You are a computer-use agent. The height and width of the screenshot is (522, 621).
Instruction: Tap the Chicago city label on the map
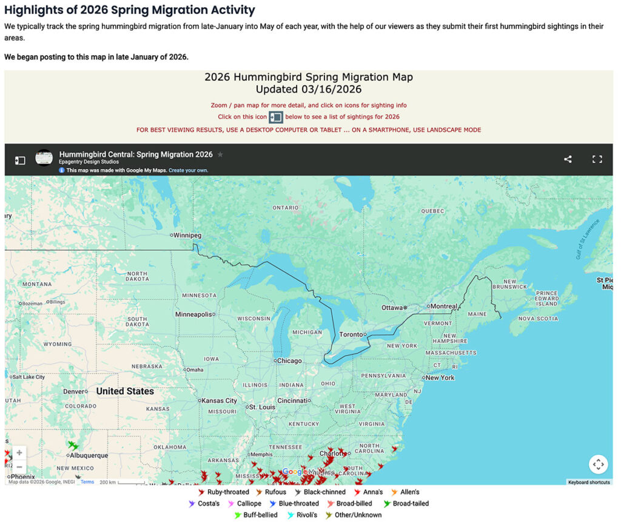tap(289, 361)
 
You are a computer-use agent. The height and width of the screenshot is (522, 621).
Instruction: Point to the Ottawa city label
tap(392, 308)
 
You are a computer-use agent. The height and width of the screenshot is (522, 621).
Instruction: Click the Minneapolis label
tap(193, 314)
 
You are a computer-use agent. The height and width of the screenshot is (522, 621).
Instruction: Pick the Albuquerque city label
tap(89, 455)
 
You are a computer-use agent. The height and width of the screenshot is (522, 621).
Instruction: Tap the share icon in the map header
tap(568, 159)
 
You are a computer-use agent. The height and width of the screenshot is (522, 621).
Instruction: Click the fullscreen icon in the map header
tap(597, 159)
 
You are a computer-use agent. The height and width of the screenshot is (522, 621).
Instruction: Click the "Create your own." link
tap(188, 171)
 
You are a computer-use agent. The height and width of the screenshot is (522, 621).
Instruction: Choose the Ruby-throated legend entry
tap(227, 492)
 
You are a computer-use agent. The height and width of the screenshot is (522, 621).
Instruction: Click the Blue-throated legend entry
tap(298, 504)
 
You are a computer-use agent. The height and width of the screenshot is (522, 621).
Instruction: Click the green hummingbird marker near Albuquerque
tap(73, 446)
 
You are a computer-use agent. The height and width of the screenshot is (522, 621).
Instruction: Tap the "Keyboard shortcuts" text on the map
tap(589, 482)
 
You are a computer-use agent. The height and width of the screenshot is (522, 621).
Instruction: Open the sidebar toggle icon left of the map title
tap(20, 160)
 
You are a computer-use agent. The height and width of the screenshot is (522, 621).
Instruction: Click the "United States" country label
tap(125, 391)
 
